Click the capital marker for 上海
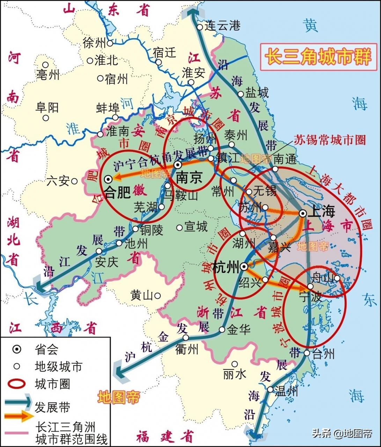click(x=302, y=213)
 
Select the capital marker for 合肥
click(x=108, y=179)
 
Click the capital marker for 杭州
click(x=244, y=266)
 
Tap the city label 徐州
click(x=94, y=43)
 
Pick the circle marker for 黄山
click(x=157, y=296)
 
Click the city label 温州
click(x=286, y=391)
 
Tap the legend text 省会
click(x=46, y=350)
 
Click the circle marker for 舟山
click(x=337, y=278)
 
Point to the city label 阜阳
click(x=47, y=108)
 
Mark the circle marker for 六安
click(x=74, y=181)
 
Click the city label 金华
click(x=239, y=330)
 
